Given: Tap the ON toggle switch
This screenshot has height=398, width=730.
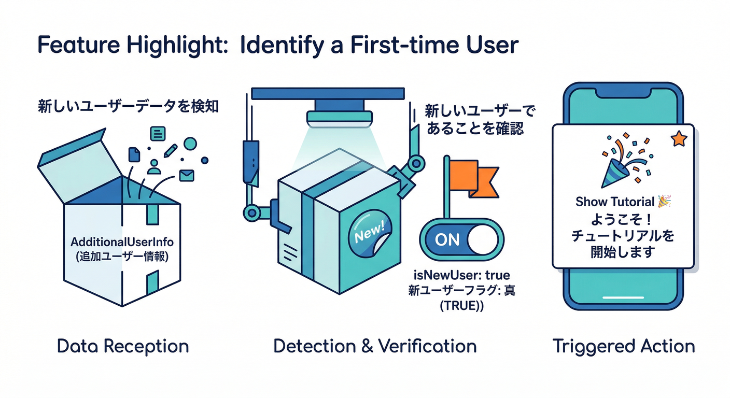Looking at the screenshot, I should pyautogui.click(x=461, y=239).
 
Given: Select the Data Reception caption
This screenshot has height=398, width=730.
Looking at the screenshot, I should pyautogui.click(x=123, y=346).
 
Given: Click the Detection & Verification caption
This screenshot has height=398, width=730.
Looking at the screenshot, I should pyautogui.click(x=375, y=346).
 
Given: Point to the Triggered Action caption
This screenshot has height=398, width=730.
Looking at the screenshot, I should pyautogui.click(x=624, y=346).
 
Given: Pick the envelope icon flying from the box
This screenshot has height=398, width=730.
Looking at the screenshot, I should pyautogui.click(x=186, y=175).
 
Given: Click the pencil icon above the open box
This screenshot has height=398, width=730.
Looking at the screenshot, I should pyautogui.click(x=170, y=151).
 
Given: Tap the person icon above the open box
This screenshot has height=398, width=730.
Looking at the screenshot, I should pyautogui.click(x=154, y=166).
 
